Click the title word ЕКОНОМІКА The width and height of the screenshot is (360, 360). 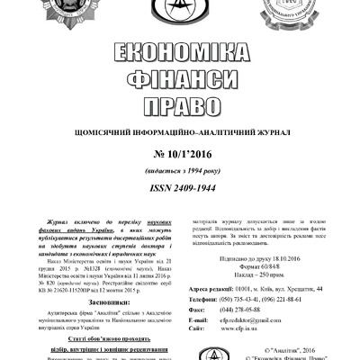point(179,51)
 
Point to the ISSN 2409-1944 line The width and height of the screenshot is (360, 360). point(179,190)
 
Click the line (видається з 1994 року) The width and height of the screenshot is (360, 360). point(179,173)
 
